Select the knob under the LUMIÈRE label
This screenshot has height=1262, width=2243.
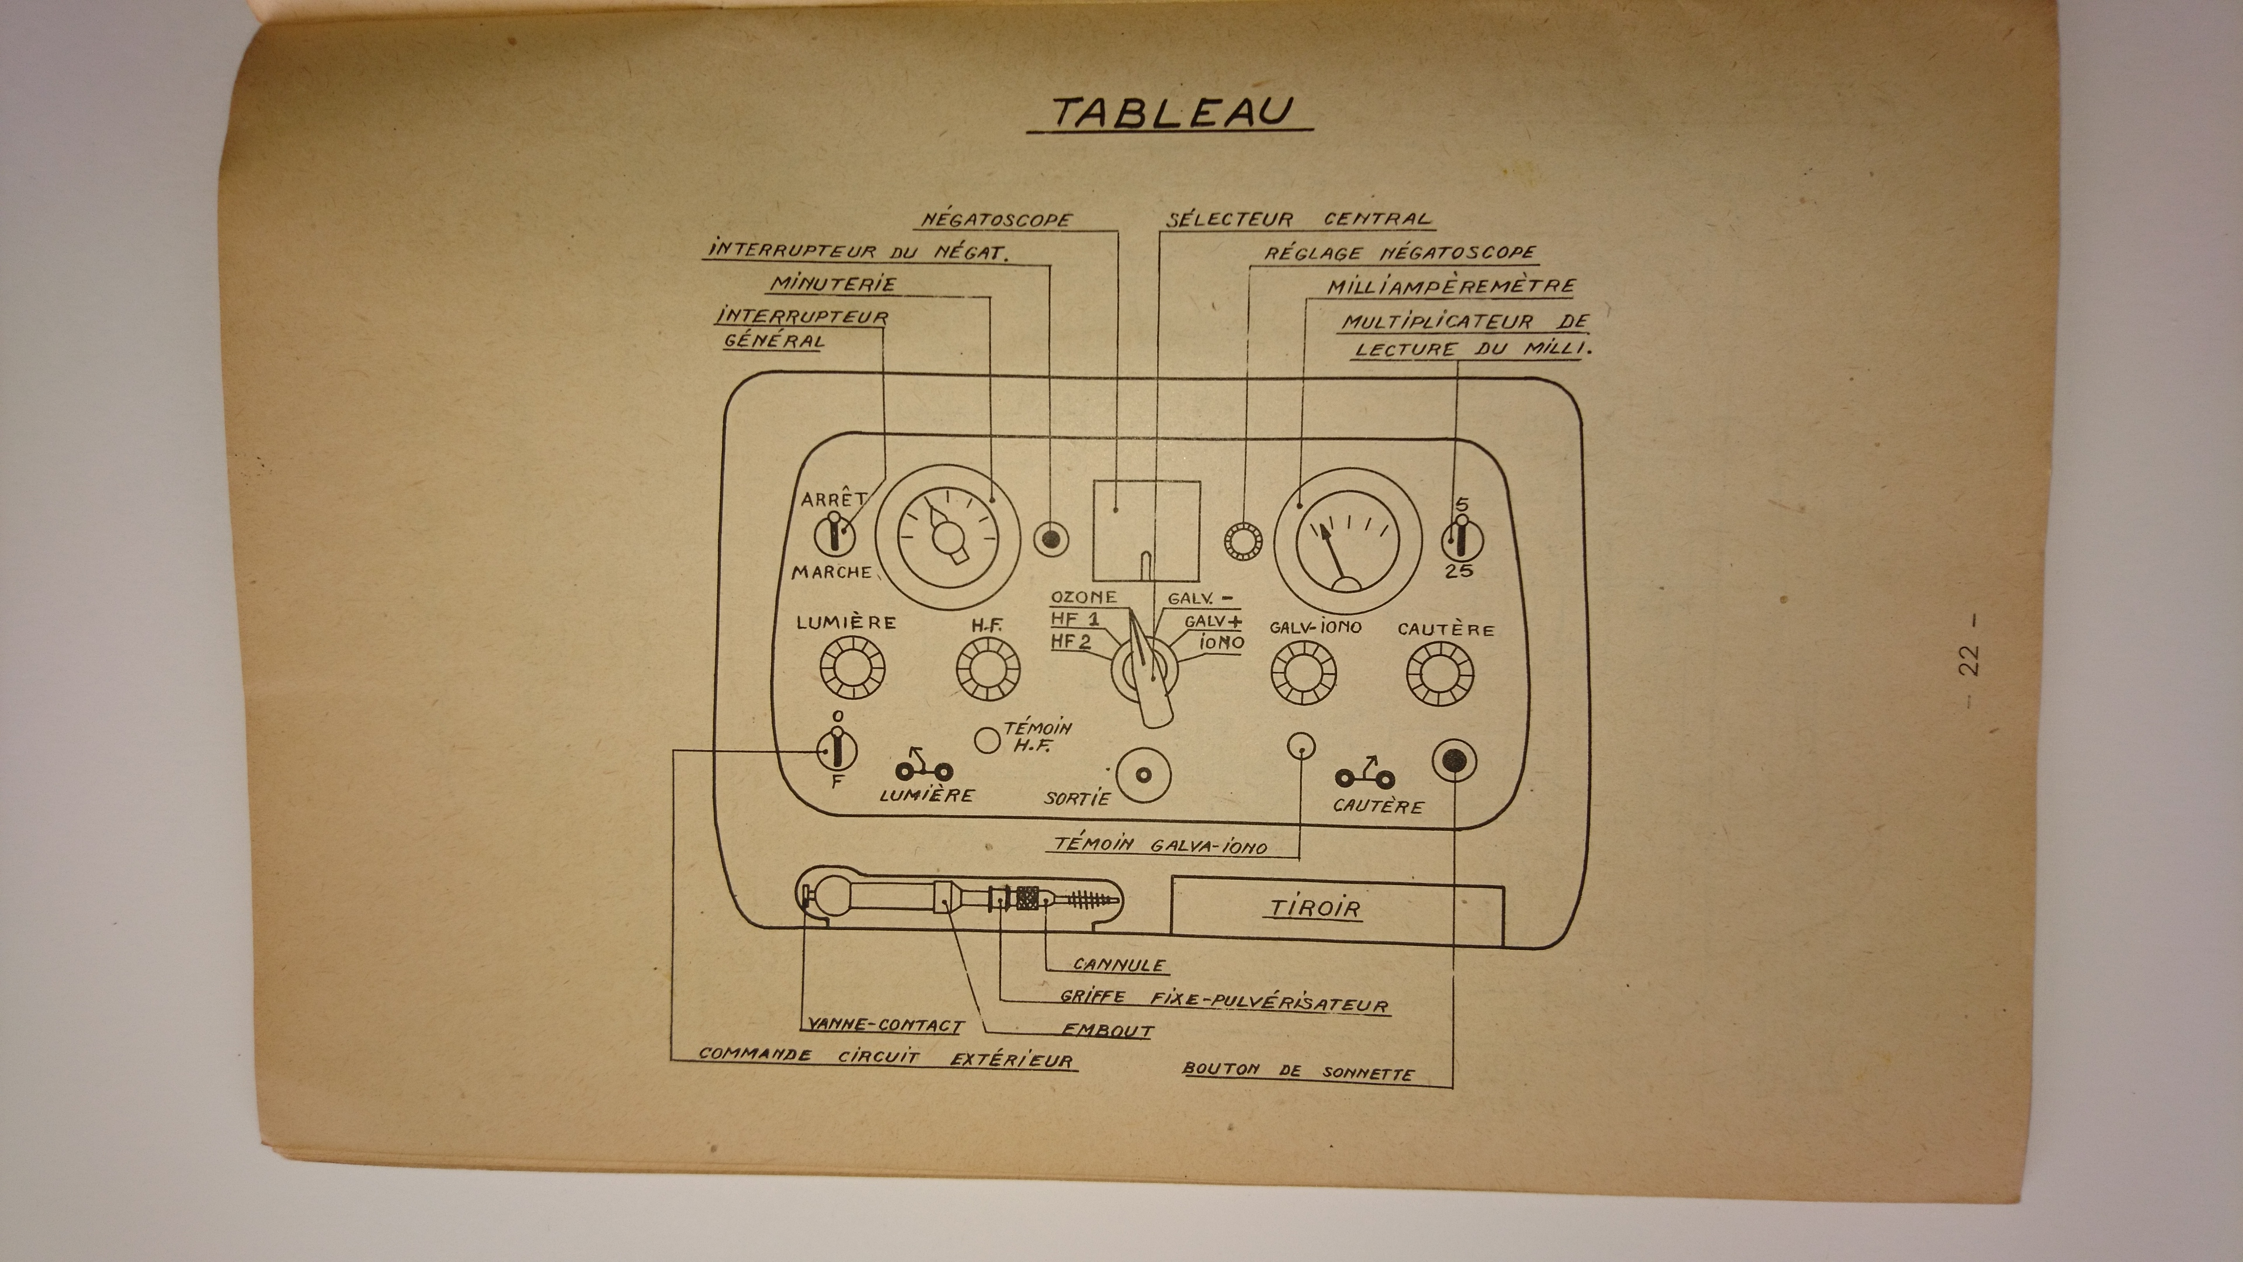(852, 668)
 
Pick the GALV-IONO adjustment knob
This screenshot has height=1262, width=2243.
(1304, 672)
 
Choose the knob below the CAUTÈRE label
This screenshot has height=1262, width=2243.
(1440, 673)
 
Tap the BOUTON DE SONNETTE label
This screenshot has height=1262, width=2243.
(1297, 1072)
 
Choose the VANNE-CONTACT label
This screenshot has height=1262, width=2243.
(883, 1025)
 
